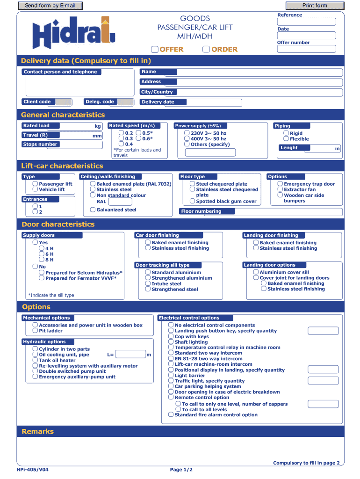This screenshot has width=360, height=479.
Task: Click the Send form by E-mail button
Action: pos(50,6)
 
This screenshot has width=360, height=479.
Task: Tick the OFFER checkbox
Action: pos(155,50)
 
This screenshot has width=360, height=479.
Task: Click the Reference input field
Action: pos(307,22)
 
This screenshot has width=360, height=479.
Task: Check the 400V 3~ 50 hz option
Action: pos(187,139)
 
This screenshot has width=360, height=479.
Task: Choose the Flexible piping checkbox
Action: pos(286,139)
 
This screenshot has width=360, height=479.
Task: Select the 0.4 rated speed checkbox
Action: pos(122,144)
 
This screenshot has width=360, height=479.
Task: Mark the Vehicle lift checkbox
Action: pos(35,189)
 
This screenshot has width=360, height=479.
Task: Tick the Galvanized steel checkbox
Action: pos(93,210)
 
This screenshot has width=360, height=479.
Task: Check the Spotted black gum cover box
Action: pos(192,201)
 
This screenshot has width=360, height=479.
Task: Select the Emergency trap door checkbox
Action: pos(280,184)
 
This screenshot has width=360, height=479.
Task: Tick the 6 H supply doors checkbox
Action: pos(42,254)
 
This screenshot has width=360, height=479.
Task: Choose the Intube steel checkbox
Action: pos(148,283)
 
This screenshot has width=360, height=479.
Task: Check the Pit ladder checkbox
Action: pos(35,331)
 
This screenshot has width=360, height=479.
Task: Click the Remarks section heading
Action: pos(38,431)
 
